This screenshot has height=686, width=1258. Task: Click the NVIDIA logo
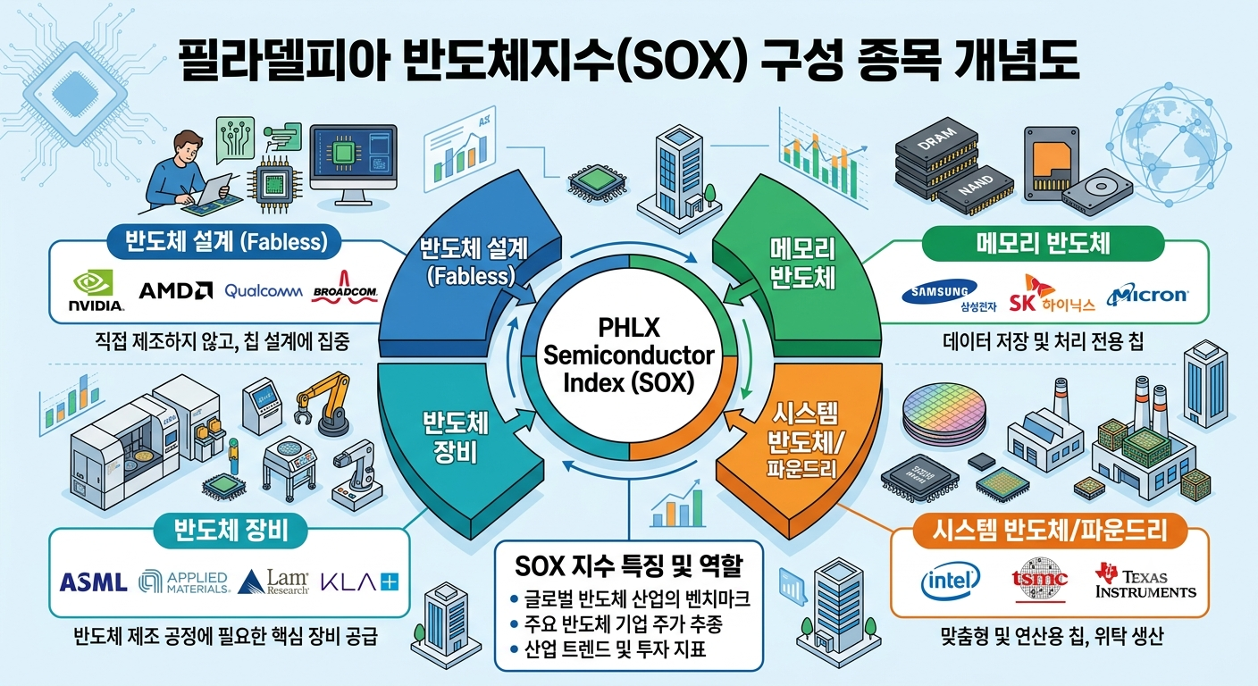[96, 290]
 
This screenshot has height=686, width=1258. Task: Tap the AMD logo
[175, 290]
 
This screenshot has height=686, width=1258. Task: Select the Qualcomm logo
[264, 291]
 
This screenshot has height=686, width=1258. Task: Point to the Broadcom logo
[345, 288]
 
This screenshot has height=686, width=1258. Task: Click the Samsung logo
[940, 294]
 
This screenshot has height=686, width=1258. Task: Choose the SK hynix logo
[1052, 294]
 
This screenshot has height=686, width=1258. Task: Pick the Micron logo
[1147, 295]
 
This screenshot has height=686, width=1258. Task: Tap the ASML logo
[93, 582]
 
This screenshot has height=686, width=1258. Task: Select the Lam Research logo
[274, 581]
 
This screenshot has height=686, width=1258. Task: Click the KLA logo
[359, 581]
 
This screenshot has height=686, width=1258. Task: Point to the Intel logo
[951, 581]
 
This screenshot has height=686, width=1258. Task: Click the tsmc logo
[1039, 580]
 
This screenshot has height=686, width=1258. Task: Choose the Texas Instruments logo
[1145, 581]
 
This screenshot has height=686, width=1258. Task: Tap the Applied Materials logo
[184, 581]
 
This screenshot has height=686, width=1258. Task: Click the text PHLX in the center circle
[629, 328]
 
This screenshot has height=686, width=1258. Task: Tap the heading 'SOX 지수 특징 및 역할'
[628, 566]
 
